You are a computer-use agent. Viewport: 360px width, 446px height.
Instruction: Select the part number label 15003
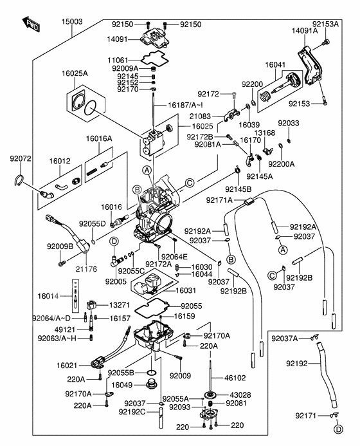[x=72, y=22]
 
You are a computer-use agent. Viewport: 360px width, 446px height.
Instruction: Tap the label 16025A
[x=75, y=74]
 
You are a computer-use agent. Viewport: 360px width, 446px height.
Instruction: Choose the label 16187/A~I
[x=186, y=104]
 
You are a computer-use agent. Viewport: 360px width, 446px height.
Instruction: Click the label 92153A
[x=325, y=24]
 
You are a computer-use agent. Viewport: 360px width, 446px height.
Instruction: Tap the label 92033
[x=288, y=123]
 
